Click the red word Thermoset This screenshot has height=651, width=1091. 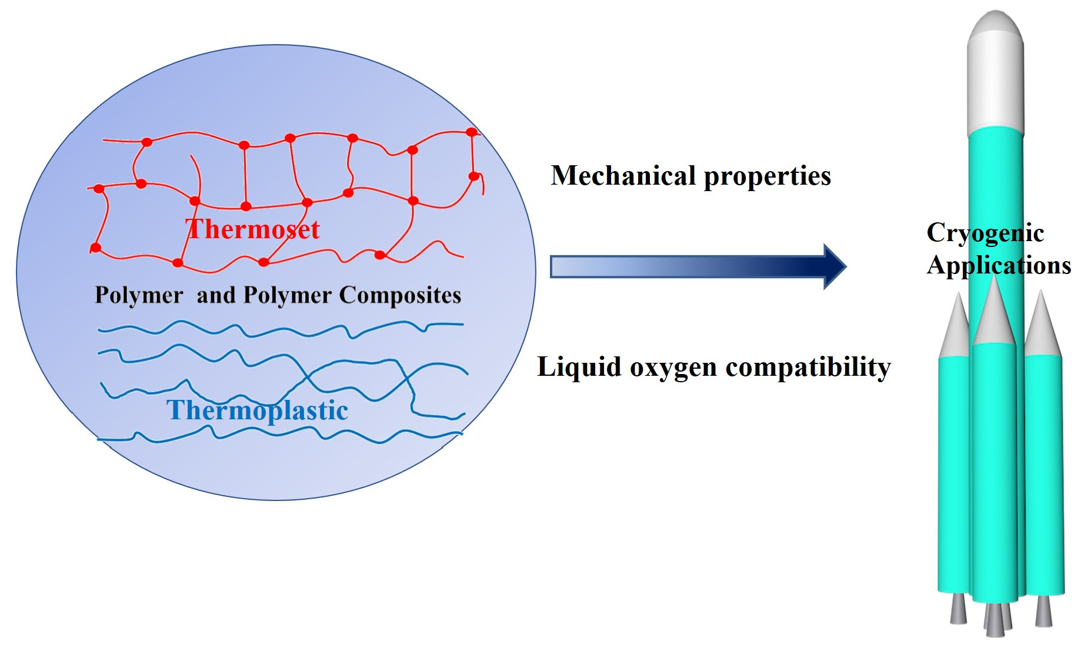252,229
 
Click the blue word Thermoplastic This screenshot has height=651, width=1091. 257,410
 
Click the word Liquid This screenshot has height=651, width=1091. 579,368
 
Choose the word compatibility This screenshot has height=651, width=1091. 808,368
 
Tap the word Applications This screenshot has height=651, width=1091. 999,266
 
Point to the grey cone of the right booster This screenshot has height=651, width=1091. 1042,326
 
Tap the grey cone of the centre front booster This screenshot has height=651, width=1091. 994,315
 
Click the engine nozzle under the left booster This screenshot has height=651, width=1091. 958,609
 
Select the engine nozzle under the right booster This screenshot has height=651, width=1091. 1043,610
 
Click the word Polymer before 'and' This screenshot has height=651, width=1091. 139,295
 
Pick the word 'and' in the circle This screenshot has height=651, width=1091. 216,295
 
